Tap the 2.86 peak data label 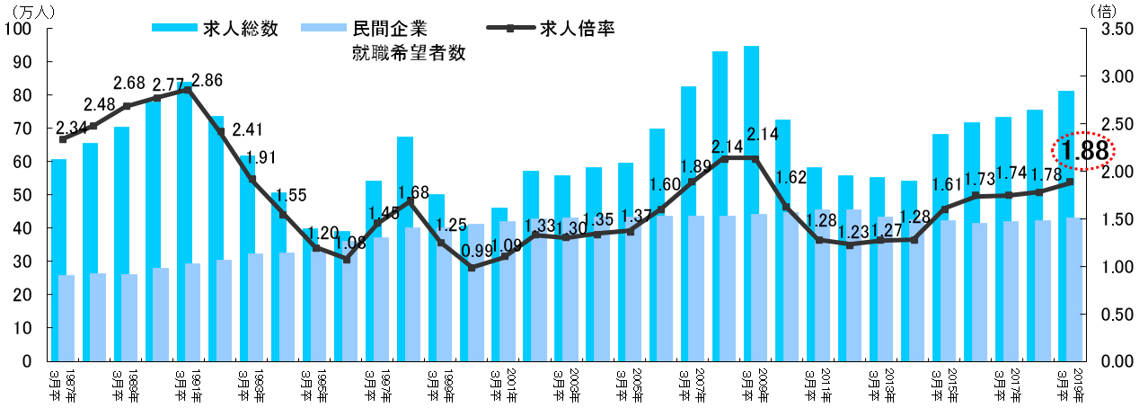(x=207, y=79)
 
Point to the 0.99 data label (x=476, y=252)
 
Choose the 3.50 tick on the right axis (x=1110, y=29)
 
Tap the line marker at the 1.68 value (x=411, y=200)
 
